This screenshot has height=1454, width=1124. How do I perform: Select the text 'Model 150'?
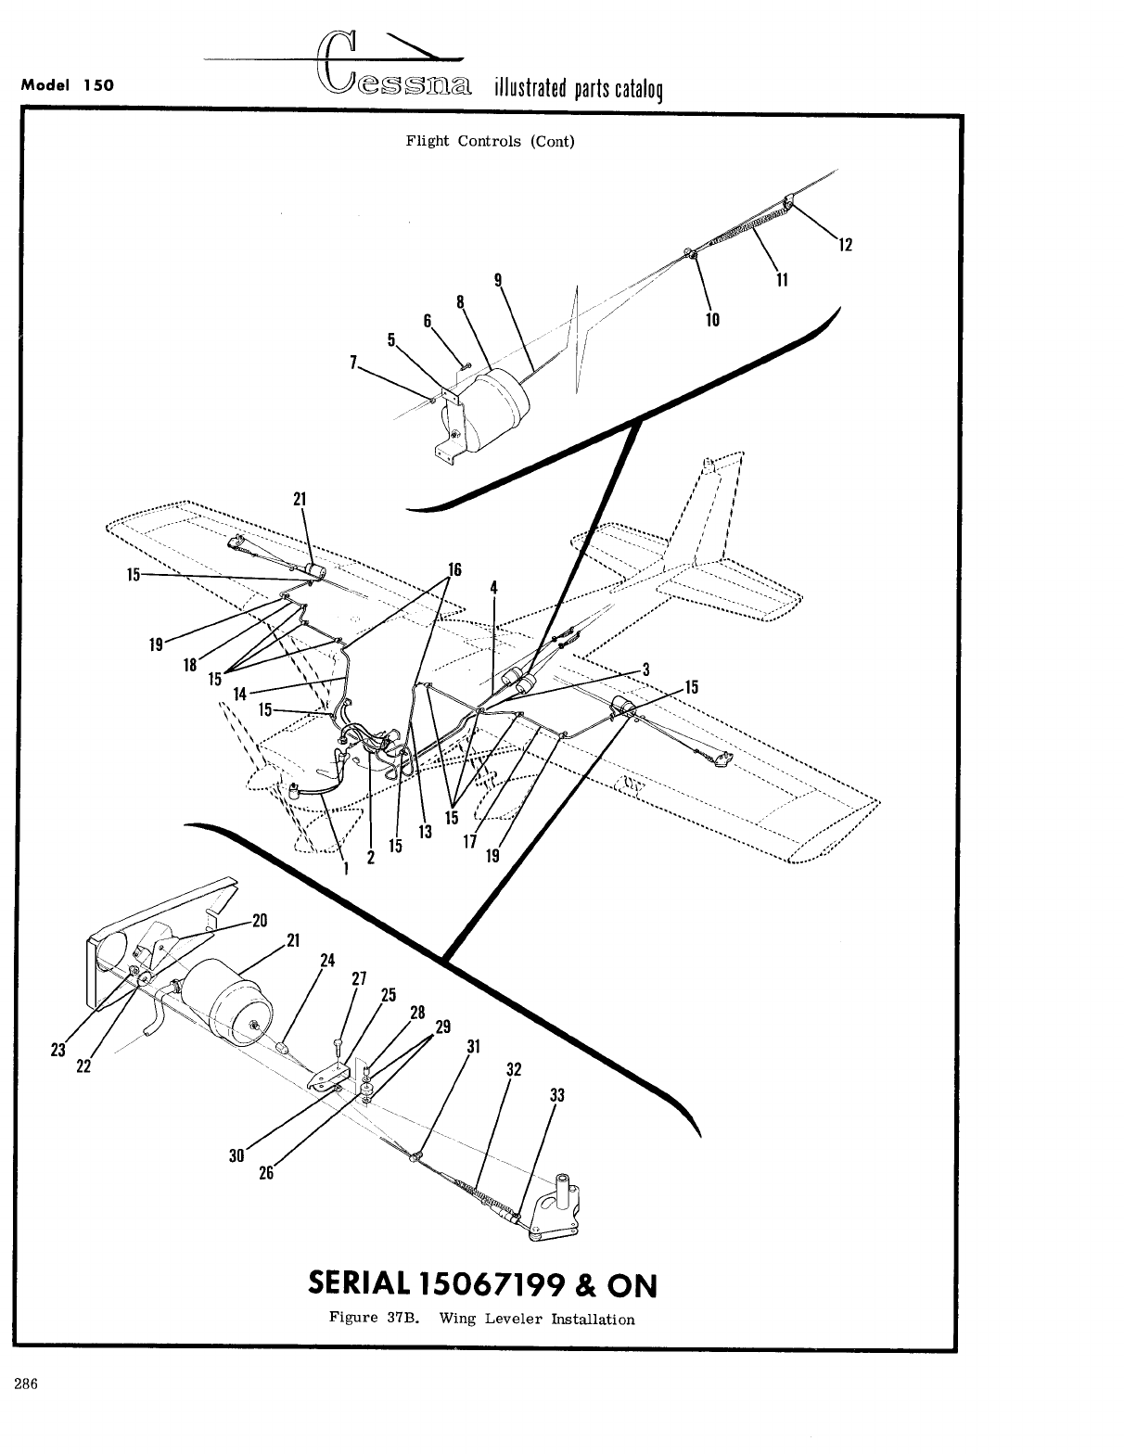[67, 84]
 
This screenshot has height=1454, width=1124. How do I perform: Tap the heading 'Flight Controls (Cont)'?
[490, 142]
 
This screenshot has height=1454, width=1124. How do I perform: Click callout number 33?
[557, 1095]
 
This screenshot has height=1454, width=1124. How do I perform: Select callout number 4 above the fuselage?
[494, 587]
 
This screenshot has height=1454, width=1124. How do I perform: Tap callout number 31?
[474, 1047]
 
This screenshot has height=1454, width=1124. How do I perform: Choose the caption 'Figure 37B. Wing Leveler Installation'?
[482, 1319]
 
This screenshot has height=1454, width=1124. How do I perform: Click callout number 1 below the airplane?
[346, 869]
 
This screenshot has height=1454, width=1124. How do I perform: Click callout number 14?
[240, 693]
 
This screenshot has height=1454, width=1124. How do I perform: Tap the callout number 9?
[499, 279]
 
